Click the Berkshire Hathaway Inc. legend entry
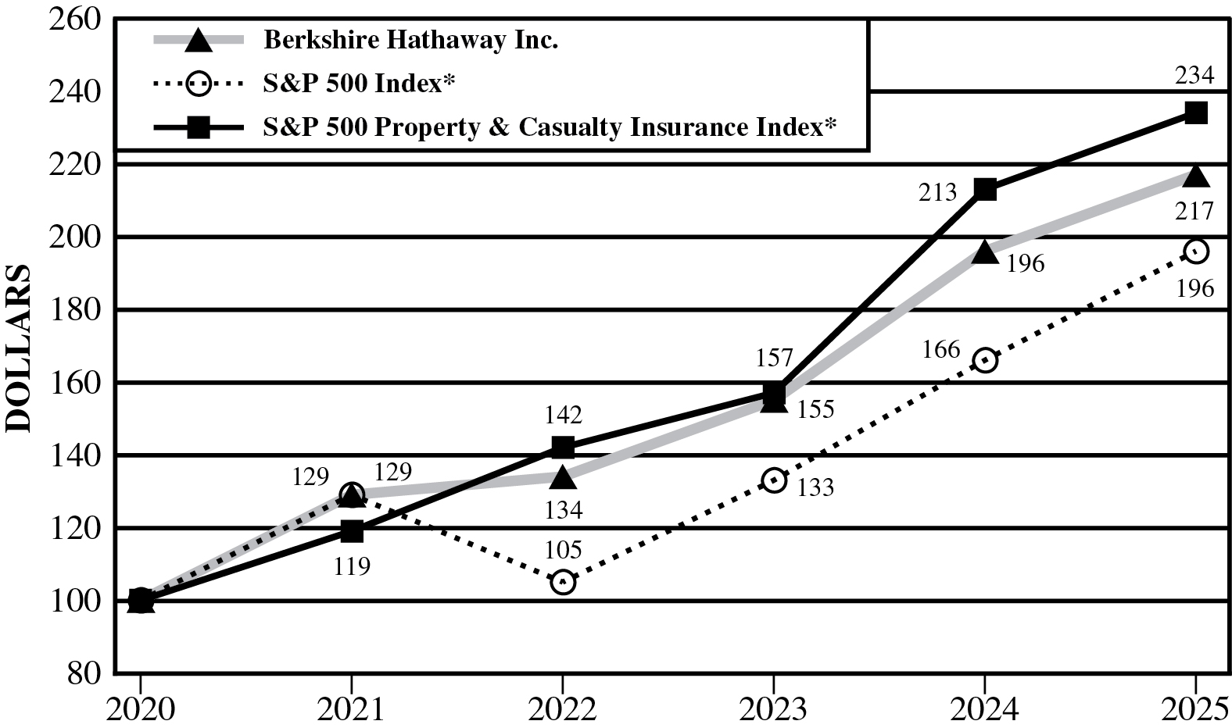[410, 39]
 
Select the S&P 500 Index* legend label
[359, 83]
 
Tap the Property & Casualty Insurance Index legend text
[550, 127]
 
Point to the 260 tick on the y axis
[74, 18]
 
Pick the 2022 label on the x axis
[562, 709]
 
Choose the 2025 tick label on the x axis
[1194, 709]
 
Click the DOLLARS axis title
[19, 348]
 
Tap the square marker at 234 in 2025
[1195, 112]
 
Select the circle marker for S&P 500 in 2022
[563, 582]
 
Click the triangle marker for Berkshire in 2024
[985, 252]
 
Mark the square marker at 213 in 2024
[985, 189]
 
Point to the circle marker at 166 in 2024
[985, 360]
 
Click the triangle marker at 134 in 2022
[563, 476]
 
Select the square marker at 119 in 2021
[352, 531]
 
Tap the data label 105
[563, 550]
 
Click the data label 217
[1194, 211]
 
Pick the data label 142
[563, 415]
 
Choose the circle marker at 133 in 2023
[774, 480]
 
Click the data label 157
[774, 359]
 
